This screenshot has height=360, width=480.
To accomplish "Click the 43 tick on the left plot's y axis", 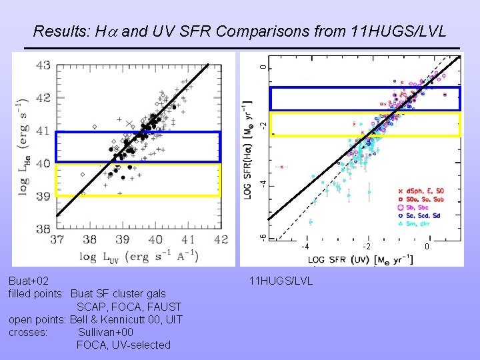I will pos(43,65).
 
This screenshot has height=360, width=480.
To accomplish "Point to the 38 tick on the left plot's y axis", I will pos(43,229).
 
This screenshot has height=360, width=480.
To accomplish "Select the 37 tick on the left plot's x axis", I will pos(58,239).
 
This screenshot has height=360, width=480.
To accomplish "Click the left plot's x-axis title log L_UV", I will pos(123,257).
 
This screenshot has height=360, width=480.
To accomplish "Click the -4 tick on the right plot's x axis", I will pos(305,247).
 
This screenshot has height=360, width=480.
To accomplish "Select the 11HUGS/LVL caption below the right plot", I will pos(280,281).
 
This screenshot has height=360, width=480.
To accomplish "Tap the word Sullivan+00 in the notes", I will pos(105,332).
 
